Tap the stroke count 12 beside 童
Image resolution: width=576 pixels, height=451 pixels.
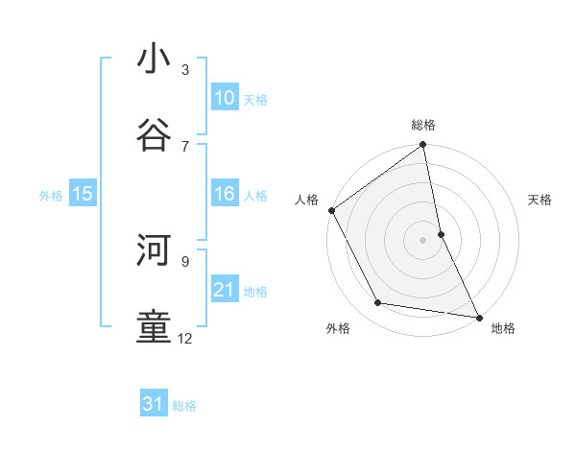[185, 338]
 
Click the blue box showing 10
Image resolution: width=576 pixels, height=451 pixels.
[225, 98]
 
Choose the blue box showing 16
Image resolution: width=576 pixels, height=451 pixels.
[225, 194]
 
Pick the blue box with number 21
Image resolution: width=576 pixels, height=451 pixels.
[225, 290]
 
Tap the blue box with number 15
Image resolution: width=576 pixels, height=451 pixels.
[83, 194]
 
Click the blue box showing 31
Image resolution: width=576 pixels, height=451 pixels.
[154, 404]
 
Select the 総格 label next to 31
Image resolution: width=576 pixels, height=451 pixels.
[184, 406]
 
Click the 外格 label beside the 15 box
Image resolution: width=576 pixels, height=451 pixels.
[51, 196]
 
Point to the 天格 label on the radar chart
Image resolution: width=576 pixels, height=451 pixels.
[540, 200]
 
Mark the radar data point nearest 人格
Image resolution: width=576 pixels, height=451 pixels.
[332, 210]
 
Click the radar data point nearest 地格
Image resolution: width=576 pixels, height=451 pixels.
[478, 317]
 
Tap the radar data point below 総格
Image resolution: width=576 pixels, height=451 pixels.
[422, 146]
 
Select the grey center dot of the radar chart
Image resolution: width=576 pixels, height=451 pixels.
[422, 240]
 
